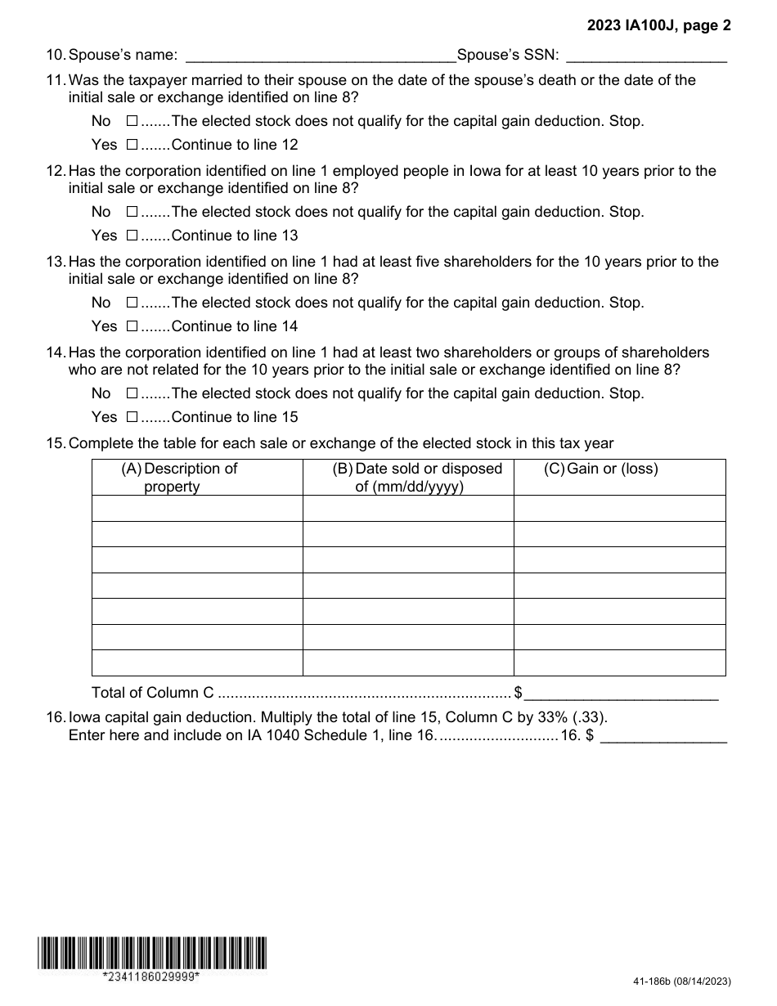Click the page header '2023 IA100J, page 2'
pyautogui.click(x=659, y=25)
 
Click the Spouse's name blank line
pyautogui.click(x=321, y=56)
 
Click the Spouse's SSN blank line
pyautogui.click(x=646, y=56)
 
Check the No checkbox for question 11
pyautogui.click(x=132, y=121)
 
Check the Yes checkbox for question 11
pyautogui.click(x=132, y=145)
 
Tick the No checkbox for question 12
pyautogui.click(x=132, y=212)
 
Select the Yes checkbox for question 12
pyautogui.click(x=132, y=236)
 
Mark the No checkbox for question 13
pyautogui.click(x=132, y=303)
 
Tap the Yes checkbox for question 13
pyautogui.click(x=132, y=326)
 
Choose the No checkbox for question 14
pyautogui.click(x=132, y=393)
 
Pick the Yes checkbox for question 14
pyautogui.click(x=132, y=417)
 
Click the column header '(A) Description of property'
pyautogui.click(x=179, y=478)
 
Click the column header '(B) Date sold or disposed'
pyautogui.click(x=418, y=478)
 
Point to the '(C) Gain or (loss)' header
pyautogui.click(x=601, y=469)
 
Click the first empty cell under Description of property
pyautogui.click(x=197, y=508)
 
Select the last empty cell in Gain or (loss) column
pyautogui.click(x=619, y=662)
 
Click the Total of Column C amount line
pyautogui.click(x=621, y=694)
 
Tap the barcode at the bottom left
pyautogui.click(x=151, y=953)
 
